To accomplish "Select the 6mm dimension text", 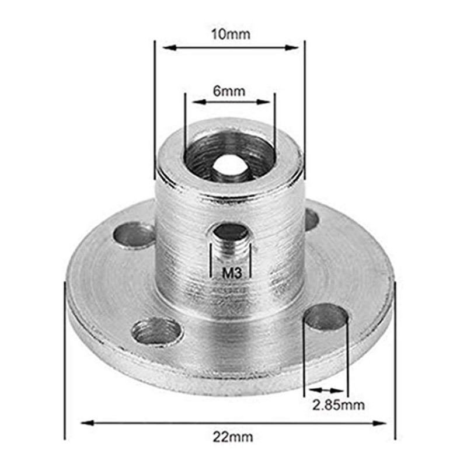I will [x=228, y=90].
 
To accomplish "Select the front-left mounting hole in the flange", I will [x=154, y=331].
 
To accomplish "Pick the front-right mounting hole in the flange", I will [x=326, y=318].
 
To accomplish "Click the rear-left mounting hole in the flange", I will [x=135, y=235].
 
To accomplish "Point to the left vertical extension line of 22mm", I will [x=64, y=362].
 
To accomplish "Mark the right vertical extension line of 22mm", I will [x=395, y=362].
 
